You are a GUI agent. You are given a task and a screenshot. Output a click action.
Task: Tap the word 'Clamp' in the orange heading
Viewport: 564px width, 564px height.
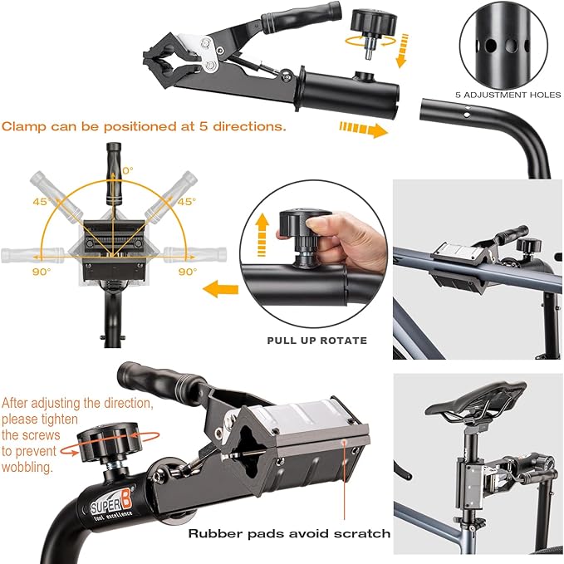[22, 127]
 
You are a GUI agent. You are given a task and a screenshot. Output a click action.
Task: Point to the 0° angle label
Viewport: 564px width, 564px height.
[127, 170]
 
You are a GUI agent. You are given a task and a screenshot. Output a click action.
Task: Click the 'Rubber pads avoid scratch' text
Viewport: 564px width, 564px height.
[289, 533]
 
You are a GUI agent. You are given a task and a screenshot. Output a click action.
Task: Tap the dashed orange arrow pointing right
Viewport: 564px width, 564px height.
[364, 130]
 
